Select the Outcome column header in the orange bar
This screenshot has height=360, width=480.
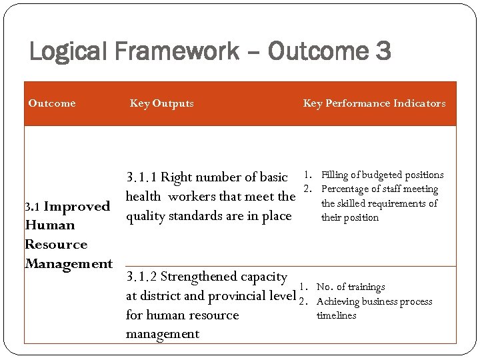click(x=51, y=103)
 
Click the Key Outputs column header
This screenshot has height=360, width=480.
click(x=161, y=103)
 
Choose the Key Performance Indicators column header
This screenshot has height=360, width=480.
click(x=374, y=103)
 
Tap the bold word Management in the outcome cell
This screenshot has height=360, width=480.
click(x=68, y=263)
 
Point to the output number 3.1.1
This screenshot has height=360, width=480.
click(x=141, y=177)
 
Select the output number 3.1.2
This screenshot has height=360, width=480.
click(x=141, y=277)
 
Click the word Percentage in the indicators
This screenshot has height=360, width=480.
click(x=345, y=190)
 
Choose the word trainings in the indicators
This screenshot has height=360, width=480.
click(x=361, y=287)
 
